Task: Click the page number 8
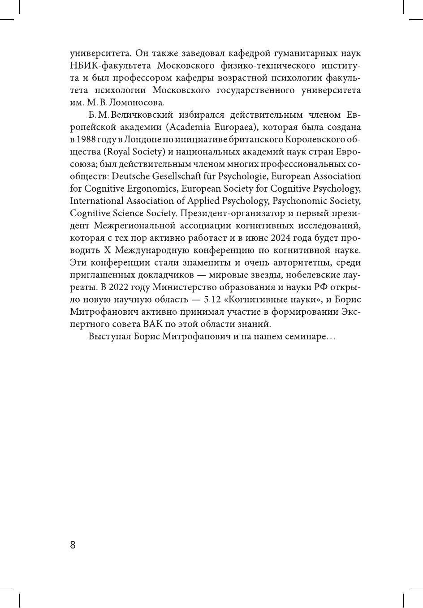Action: point(73,545)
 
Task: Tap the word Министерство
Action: point(191,287)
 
